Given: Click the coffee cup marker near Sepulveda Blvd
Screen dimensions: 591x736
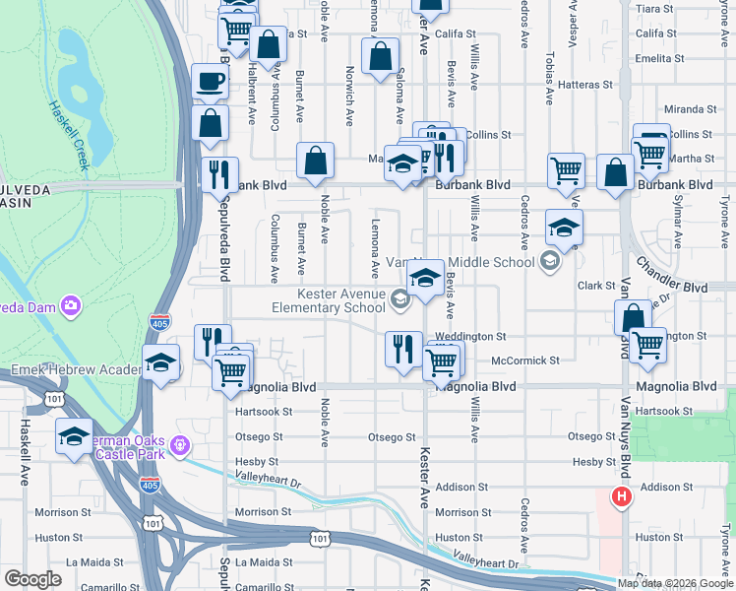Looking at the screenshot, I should pos(210,82).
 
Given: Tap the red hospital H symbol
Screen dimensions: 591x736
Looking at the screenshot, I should pos(620,497).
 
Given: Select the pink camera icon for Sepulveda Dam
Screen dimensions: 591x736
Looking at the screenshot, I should pos(70,306).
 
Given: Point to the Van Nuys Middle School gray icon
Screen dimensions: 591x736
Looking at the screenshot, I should pos(549,262).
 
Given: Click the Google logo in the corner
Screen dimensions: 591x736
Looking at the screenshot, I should pos(32,579).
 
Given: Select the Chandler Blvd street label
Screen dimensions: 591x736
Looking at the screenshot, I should pos(671,276).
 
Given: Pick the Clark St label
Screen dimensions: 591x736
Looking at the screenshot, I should pos(596,286).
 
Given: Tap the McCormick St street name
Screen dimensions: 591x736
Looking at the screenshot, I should pos(525,361).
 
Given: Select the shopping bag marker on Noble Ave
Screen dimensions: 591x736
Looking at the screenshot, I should pos(316,162).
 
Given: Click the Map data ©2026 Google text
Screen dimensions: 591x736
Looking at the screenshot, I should pos(676,583).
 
